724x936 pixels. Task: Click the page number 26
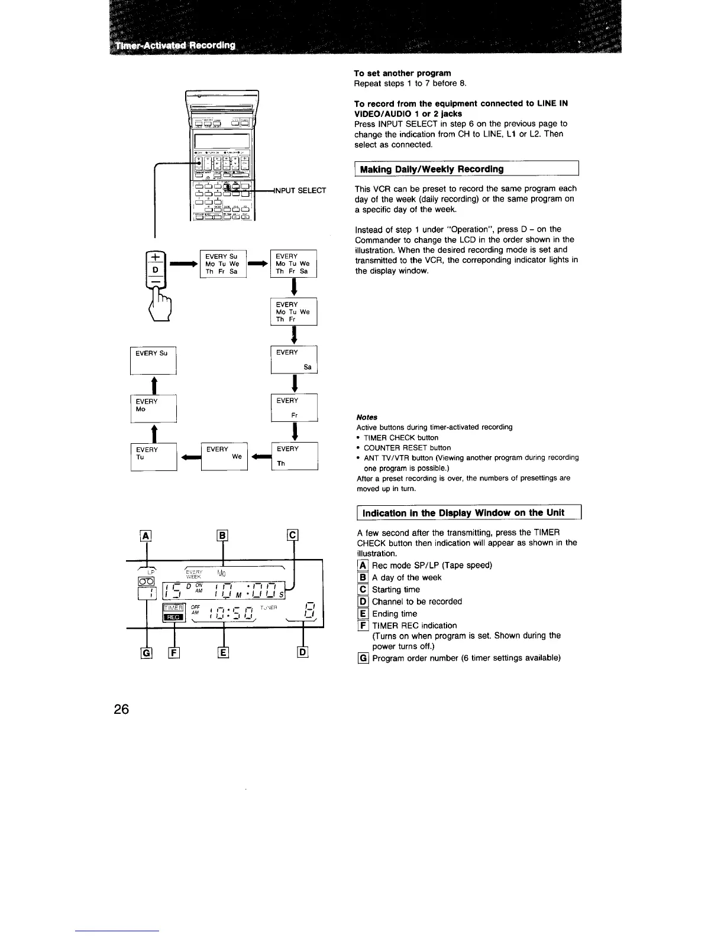[121, 709]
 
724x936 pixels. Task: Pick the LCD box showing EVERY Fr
[294, 408]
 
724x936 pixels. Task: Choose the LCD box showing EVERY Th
[294, 456]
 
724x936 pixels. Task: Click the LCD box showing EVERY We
[224, 456]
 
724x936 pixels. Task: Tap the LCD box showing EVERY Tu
[153, 456]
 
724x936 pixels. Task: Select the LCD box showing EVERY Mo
[153, 408]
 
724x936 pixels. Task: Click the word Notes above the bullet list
[367, 417]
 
